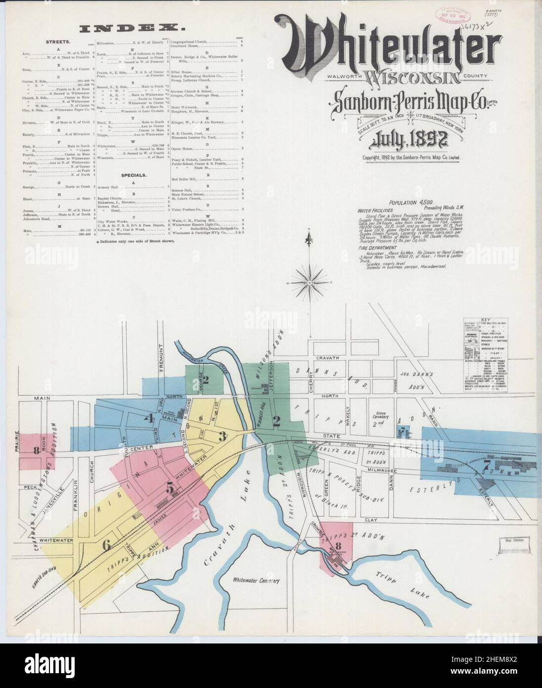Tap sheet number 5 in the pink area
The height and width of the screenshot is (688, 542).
tap(170, 488)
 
